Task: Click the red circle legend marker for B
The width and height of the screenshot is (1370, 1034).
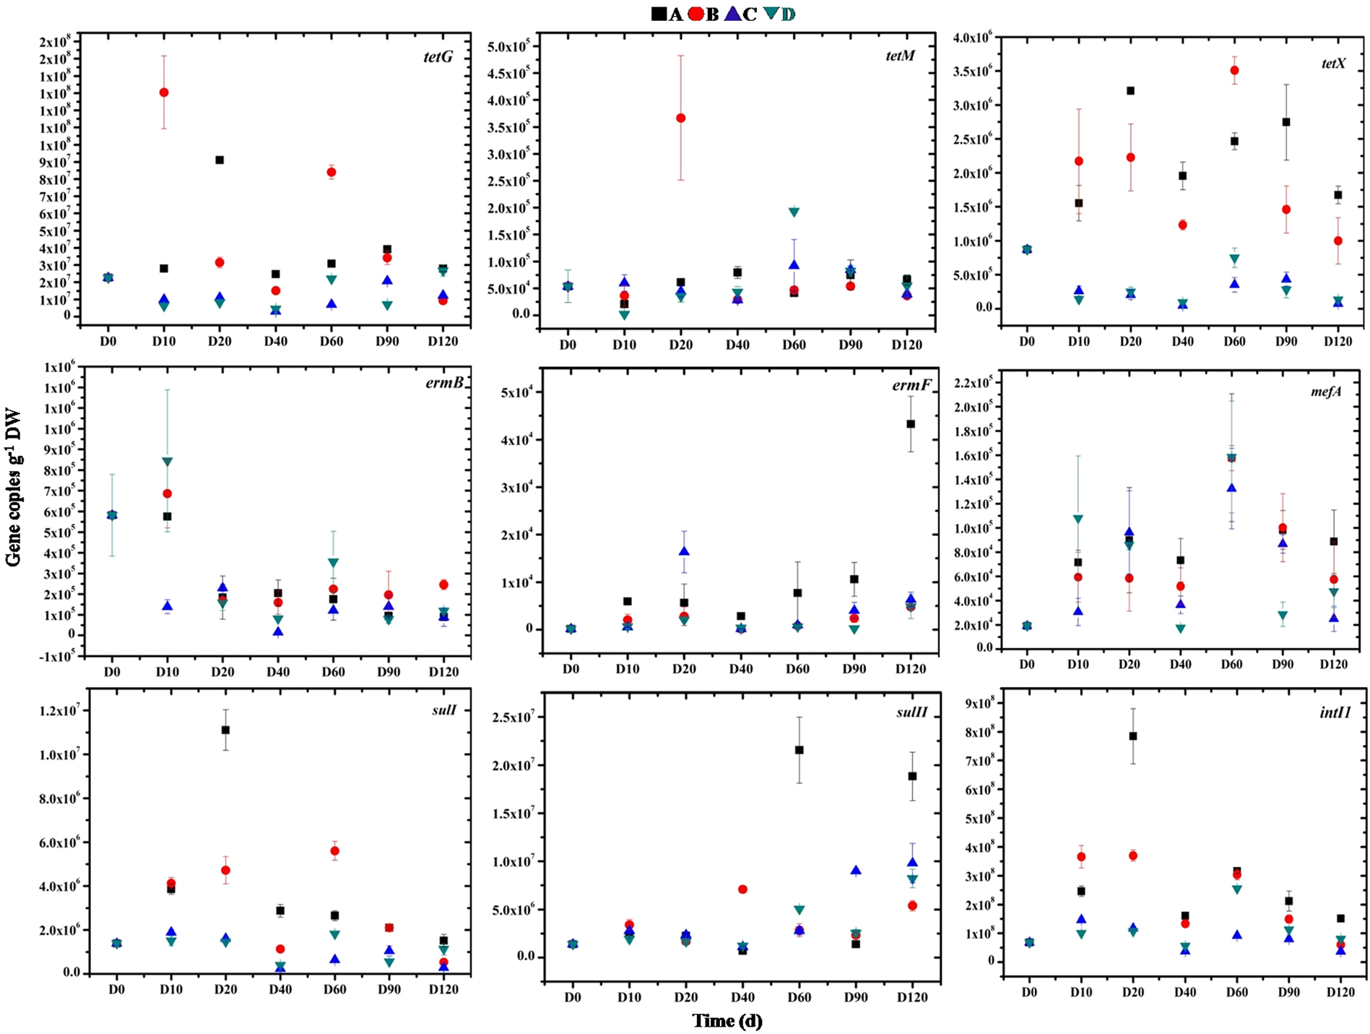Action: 696,13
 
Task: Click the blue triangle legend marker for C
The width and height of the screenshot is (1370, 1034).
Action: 733,13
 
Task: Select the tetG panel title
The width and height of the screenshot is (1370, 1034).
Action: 438,56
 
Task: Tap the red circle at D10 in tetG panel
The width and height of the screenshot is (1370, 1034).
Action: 164,92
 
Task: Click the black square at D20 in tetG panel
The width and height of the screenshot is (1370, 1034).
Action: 220,160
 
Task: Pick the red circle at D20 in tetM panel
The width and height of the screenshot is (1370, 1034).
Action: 680,118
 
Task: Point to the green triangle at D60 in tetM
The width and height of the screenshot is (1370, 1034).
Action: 794,212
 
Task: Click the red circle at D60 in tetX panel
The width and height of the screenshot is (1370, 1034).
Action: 1234,70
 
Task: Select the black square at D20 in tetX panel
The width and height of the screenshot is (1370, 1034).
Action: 1130,91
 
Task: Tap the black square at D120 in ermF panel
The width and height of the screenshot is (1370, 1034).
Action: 911,424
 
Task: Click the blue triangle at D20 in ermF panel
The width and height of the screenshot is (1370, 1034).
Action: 684,551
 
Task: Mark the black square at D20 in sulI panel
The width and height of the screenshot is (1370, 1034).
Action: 225,730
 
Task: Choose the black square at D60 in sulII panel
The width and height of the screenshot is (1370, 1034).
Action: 799,750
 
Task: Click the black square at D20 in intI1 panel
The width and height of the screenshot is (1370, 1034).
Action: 1132,736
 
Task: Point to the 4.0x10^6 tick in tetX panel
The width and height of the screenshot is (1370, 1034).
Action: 975,37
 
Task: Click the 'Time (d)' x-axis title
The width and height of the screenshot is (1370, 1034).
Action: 727,1021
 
